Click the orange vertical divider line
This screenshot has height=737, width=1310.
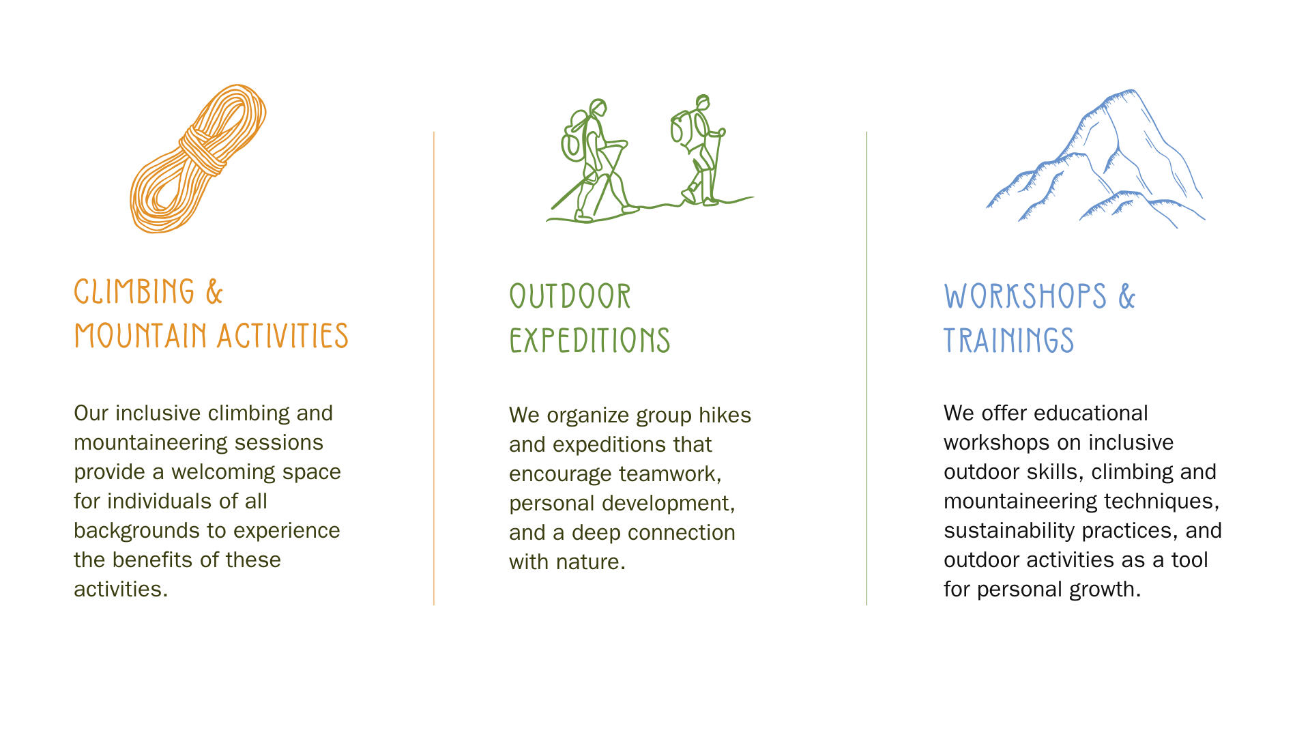(434, 369)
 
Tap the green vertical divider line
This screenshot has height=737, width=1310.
(867, 369)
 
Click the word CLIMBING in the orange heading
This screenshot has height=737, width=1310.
(134, 291)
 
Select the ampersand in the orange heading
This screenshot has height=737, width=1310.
(214, 292)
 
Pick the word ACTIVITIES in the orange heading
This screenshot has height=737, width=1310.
(283, 336)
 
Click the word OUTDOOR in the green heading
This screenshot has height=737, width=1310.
(570, 297)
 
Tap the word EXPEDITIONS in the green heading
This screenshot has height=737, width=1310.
(589, 341)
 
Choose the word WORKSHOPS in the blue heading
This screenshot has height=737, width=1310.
(1025, 297)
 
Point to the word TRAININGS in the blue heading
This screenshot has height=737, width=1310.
(1008, 341)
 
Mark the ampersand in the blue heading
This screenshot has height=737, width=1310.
(1126, 297)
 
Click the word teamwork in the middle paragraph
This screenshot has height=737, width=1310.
(670, 474)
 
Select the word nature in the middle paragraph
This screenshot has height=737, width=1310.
(590, 562)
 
